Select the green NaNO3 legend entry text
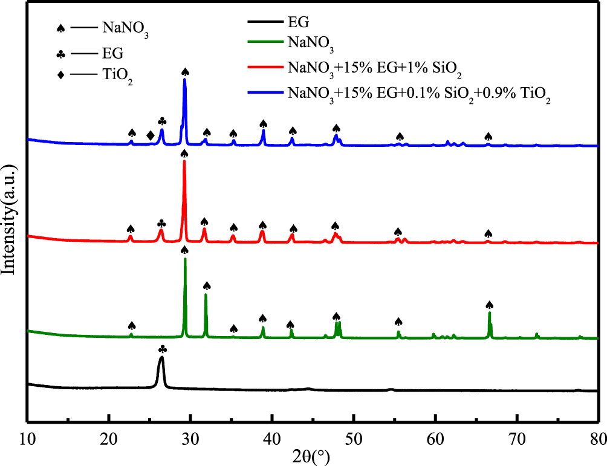click(x=310, y=42)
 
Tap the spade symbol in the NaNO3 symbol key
click(x=60, y=28)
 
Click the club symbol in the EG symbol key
click(x=60, y=54)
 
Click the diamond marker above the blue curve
click(x=150, y=135)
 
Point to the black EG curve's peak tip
click(x=161, y=358)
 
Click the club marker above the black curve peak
click(x=161, y=349)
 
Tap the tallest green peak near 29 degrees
click(x=185, y=259)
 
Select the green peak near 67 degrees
click(x=490, y=312)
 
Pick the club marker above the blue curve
click(x=161, y=121)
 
